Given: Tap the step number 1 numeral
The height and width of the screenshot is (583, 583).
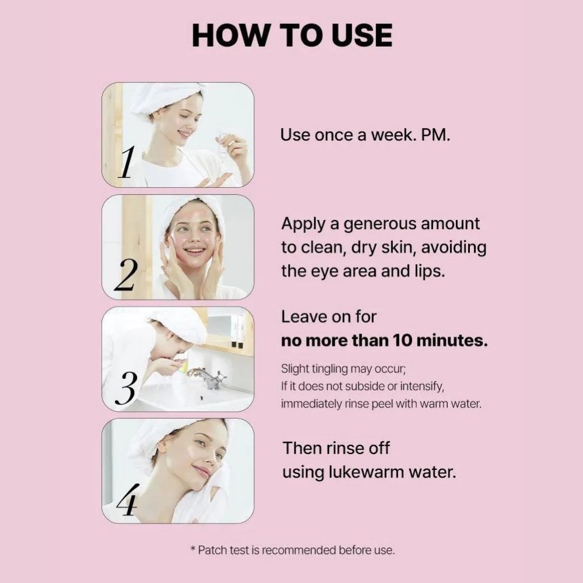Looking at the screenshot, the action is pos(126,162).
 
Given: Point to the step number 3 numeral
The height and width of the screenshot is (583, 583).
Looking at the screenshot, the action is pos(126,388).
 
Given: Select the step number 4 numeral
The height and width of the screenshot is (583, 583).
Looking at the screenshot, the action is pos(127,500).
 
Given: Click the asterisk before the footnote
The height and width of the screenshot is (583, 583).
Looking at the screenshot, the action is pos(192,549).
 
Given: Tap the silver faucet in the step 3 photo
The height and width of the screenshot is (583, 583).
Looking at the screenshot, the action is pos(208,378).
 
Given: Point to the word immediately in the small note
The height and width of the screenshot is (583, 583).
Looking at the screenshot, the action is pos(311,404).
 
